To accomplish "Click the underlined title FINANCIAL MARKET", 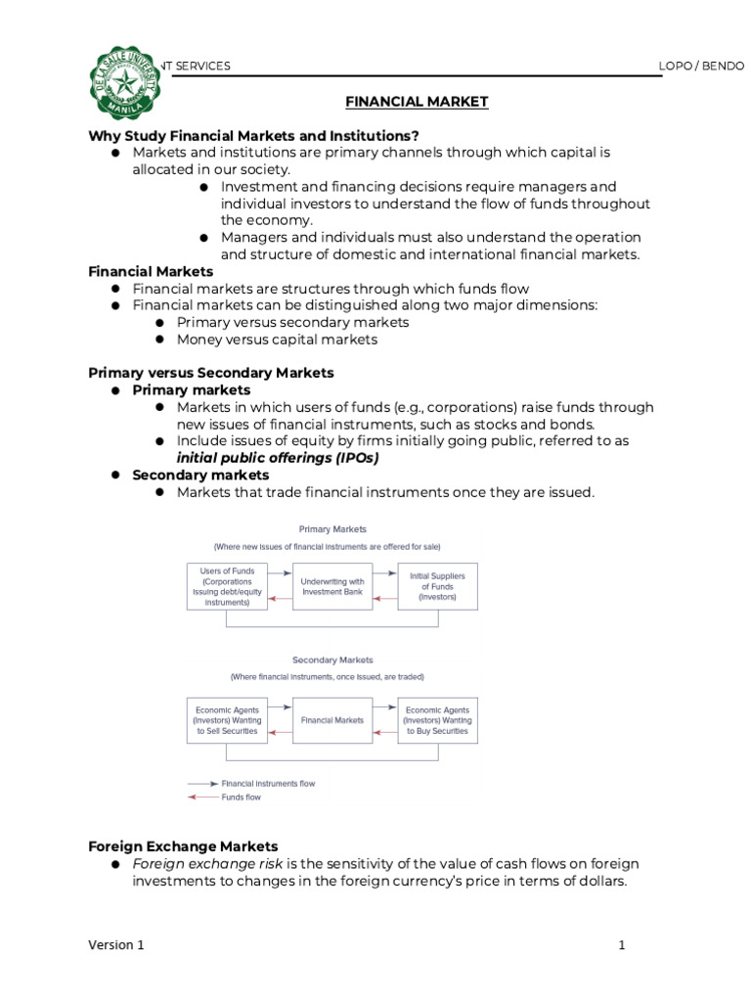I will point(416,102).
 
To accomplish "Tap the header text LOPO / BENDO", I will point(702,66).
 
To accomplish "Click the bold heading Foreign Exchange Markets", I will point(183,846).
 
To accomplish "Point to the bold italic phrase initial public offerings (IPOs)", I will point(277,458).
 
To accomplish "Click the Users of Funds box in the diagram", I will point(226,586).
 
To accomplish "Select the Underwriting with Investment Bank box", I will point(332,586).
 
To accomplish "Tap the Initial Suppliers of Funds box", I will point(437,586).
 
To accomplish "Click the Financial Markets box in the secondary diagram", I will point(332,720).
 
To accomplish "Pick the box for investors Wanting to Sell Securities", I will point(226,720).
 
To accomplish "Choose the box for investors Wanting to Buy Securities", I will point(437,720).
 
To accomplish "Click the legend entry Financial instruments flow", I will point(268,784).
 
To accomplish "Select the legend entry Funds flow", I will point(242,797).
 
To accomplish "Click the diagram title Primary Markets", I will point(332,529).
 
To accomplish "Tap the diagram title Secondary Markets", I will point(332,660).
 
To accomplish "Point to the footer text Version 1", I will point(116,945).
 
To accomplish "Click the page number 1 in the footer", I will point(621,945).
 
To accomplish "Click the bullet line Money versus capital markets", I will point(277,340).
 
